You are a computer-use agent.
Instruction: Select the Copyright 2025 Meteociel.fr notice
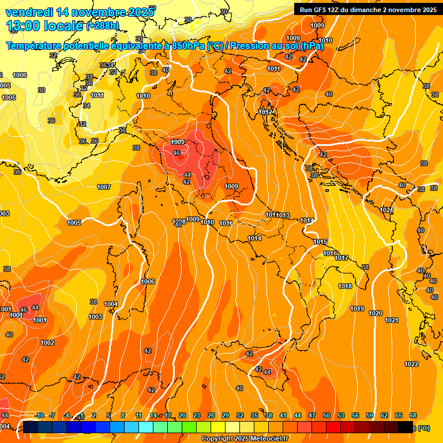click(245, 439)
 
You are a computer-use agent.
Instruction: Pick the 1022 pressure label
click(411, 364)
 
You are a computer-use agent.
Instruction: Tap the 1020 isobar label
click(376, 313)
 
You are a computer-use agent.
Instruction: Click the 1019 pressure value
click(357, 309)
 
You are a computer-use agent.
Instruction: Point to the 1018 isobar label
click(345, 286)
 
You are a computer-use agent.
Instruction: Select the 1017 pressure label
click(341, 258)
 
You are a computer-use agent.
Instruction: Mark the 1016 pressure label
click(330, 253)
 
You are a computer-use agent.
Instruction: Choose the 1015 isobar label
click(321, 242)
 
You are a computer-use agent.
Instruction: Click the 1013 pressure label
click(283, 215)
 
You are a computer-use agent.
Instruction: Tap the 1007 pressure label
click(104, 187)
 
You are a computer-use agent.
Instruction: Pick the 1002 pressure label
click(47, 343)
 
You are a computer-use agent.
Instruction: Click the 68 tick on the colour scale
click(413, 415)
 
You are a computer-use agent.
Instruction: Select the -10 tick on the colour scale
click(40, 415)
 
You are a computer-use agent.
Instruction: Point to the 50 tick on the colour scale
click(326, 415)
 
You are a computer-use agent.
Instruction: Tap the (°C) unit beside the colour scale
click(424, 428)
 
